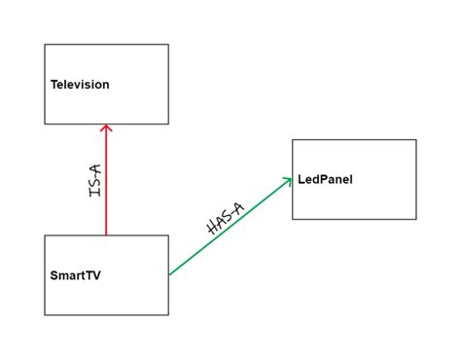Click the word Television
click(80, 85)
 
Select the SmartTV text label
click(75, 275)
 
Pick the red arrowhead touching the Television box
click(106, 129)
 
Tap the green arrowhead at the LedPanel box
click(288, 180)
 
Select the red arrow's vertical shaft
click(106, 185)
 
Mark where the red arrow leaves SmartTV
click(106, 235)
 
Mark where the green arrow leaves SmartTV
click(169, 274)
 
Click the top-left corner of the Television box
click(45, 45)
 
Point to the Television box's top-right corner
click(168, 45)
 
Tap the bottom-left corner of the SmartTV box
click(45, 315)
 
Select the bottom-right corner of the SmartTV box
click(168, 315)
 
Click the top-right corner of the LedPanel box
click(416, 140)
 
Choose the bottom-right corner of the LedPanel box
click(416, 219)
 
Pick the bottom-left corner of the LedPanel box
click(293, 219)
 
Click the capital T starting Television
click(53, 85)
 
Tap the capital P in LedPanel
click(322, 180)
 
